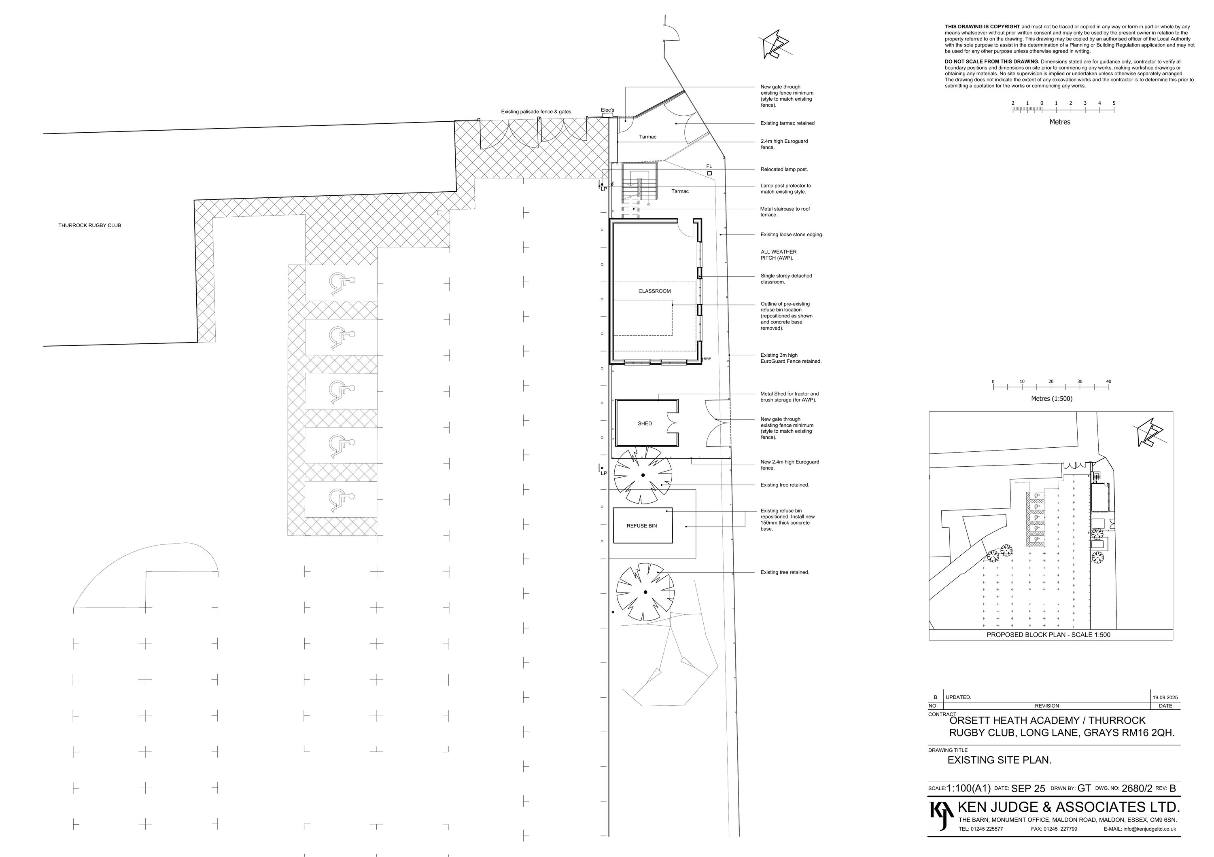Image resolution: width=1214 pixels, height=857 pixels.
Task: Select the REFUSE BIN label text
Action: point(641,526)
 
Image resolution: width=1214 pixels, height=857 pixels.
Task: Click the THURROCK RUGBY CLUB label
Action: point(89,226)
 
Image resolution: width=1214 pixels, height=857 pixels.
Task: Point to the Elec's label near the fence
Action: point(607,110)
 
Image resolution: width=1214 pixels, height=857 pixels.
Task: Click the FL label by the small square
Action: point(709,167)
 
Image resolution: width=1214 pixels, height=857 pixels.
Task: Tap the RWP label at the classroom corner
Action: point(707,359)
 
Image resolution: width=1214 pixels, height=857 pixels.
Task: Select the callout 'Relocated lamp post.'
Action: point(784,169)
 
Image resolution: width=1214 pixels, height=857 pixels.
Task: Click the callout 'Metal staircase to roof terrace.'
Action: point(785,212)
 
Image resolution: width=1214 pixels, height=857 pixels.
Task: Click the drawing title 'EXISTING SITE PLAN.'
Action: point(1000,760)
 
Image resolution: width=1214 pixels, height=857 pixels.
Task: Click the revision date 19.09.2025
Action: point(1165,697)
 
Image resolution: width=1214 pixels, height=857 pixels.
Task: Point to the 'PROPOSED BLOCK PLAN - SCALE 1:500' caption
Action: point(1048,635)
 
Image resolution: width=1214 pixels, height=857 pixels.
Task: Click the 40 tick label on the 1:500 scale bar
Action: point(1109,381)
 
